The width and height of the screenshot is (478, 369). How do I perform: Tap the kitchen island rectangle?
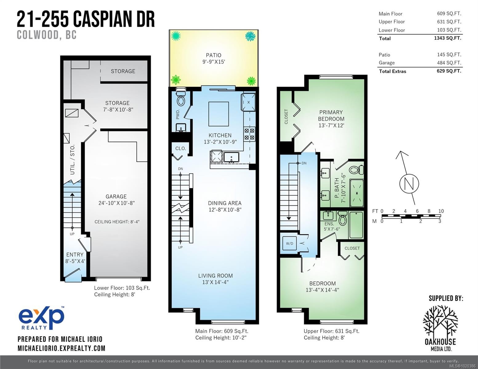pyautogui.click(x=219, y=114)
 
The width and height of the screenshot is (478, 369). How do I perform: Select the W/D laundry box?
pyautogui.click(x=289, y=243)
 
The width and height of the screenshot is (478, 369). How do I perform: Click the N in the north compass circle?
pyautogui.click(x=409, y=184)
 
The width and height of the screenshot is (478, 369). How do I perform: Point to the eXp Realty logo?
pyautogui.click(x=41, y=318)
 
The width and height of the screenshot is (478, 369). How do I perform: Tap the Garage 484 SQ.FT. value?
pyautogui.click(x=449, y=63)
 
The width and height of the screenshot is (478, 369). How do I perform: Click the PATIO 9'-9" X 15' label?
pyautogui.click(x=213, y=58)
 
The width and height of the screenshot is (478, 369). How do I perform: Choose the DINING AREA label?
pyautogui.click(x=225, y=206)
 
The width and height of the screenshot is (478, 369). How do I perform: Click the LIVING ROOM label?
pyautogui.click(x=215, y=279)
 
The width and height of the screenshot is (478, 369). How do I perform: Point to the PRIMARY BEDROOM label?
pyautogui.click(x=331, y=119)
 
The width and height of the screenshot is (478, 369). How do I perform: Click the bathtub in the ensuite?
pyautogui.click(x=356, y=225)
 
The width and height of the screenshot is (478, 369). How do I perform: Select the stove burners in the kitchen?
pyautogui.click(x=249, y=134)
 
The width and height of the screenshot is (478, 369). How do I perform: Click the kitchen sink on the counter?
pyautogui.click(x=231, y=157)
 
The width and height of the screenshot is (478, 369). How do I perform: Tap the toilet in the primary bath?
pyautogui.click(x=357, y=169)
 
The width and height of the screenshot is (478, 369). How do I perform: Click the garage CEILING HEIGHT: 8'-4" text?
pyautogui.click(x=117, y=222)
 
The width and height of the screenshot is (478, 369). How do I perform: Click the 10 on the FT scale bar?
pyautogui.click(x=441, y=211)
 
